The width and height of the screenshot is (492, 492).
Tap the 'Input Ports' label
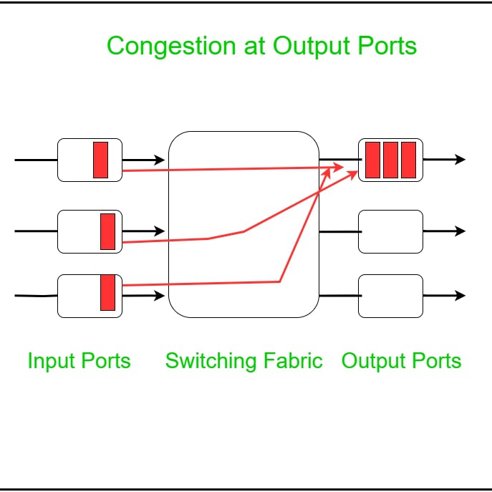coord(79,360)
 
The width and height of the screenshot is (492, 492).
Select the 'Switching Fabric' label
coord(243,360)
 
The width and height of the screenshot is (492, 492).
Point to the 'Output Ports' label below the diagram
coord(401,360)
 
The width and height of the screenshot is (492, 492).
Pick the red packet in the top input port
coord(100,160)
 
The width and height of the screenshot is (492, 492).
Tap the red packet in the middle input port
coord(107,231)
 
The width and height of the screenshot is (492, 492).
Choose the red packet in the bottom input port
coord(107,292)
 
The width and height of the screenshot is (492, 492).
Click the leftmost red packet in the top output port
coord(372,160)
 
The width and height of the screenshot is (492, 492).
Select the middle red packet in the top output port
coord(390,160)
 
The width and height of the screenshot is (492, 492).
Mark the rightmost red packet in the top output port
coord(408,160)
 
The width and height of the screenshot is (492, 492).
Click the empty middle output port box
coord(390,231)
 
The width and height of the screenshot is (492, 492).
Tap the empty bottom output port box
coord(390,296)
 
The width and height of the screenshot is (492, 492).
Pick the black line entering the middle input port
coord(36,231)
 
